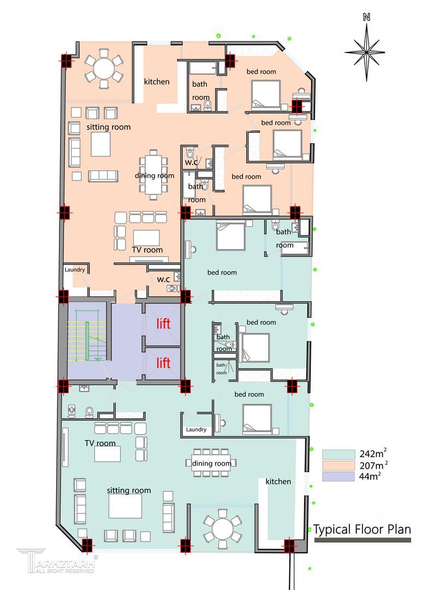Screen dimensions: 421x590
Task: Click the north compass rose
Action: pos(365,52)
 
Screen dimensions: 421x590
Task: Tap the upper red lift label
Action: pos(163,323)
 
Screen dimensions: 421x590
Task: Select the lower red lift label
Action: pos(163,363)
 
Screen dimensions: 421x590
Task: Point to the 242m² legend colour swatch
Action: pos(338,454)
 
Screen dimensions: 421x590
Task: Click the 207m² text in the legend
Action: pos(373,465)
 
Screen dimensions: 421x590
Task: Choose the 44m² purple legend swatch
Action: pos(338,476)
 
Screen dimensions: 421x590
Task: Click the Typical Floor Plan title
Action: pos(362,529)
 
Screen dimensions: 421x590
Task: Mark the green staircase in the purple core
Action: pos(87,335)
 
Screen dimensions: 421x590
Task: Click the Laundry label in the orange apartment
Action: pos(74,269)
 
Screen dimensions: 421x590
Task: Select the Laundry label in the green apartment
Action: pos(196,429)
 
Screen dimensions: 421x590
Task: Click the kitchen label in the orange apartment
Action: pos(157,81)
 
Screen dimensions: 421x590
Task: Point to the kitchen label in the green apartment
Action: pos(278,481)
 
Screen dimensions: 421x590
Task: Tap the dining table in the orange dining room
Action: pos(153,175)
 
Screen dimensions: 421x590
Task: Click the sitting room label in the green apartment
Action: pos(129,490)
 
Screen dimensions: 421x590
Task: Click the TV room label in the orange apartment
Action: pos(147,250)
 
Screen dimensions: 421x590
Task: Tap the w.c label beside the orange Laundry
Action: pos(163,280)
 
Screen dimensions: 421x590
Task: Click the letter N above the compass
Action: pos(367,17)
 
